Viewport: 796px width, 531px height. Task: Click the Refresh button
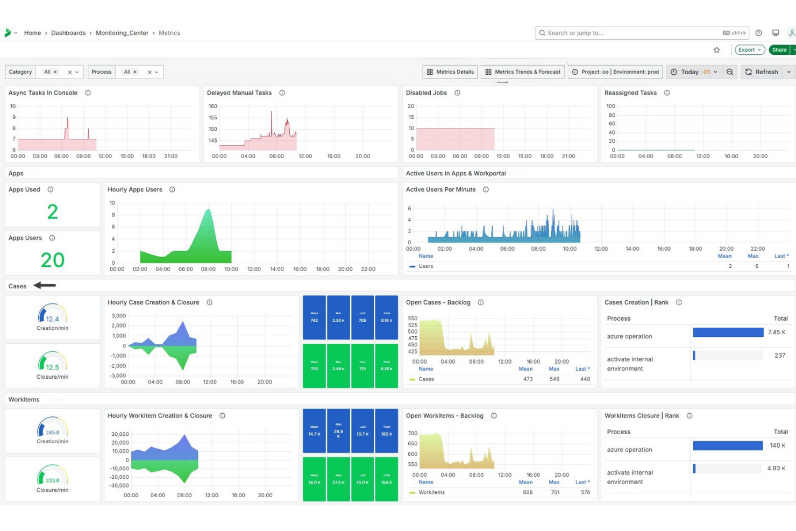coord(762,72)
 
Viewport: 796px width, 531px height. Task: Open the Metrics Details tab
coord(450,72)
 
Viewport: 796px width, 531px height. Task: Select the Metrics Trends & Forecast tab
coord(522,72)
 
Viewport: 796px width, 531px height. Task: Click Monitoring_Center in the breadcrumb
coord(122,33)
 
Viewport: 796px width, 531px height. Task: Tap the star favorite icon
coord(716,50)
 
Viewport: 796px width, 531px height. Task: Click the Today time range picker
coord(694,72)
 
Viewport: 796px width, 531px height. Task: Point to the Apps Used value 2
coord(52,212)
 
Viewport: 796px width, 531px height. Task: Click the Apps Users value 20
coord(52,260)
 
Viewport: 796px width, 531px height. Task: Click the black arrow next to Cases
coord(45,286)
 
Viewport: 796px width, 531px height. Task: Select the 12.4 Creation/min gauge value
coord(52,319)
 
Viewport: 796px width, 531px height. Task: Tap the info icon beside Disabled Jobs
coord(457,93)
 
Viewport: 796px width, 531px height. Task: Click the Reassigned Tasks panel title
coord(630,93)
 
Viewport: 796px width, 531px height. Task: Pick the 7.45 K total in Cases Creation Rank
coord(776,332)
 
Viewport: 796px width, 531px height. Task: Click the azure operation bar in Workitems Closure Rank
coord(727,445)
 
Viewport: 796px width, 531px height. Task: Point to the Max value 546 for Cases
coord(554,379)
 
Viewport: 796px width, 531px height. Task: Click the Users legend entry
coord(425,266)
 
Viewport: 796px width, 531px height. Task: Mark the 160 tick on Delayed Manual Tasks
coord(213,107)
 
